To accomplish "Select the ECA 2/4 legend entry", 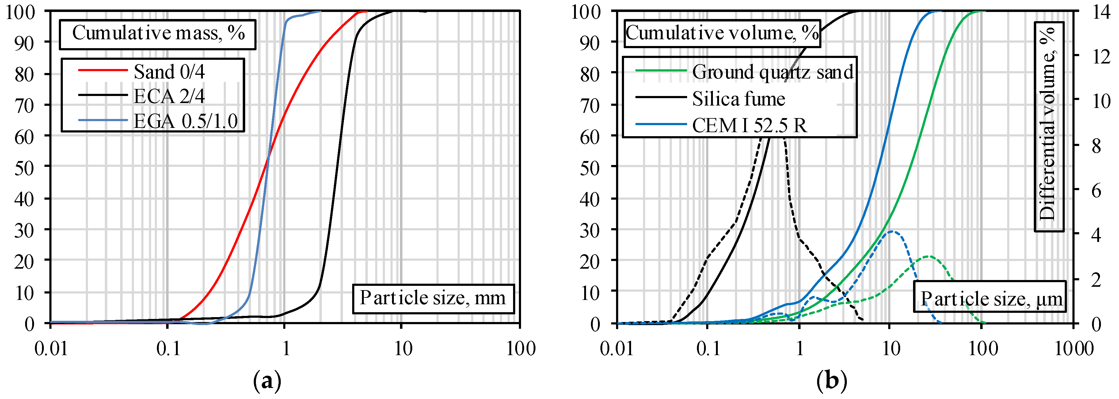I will point(169,96).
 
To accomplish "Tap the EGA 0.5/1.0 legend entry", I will point(185,121).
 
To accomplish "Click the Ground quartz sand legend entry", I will point(772,72).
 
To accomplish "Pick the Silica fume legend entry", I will point(738,99).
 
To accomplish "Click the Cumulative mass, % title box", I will point(158,33).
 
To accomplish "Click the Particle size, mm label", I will point(433,299).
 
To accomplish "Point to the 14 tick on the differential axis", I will point(1101,12).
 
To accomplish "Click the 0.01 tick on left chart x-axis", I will point(51,349).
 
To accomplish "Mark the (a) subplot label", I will point(267,381).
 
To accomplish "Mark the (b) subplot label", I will point(832,381).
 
